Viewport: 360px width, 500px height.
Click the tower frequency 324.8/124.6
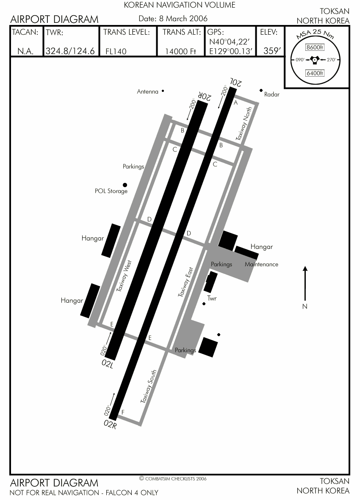[x=70, y=51]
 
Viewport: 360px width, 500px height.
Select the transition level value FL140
[x=116, y=51]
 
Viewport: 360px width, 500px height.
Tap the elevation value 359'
[x=272, y=51]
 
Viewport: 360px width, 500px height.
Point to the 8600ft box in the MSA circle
[x=315, y=47]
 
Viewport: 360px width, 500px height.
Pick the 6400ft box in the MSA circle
[x=315, y=73]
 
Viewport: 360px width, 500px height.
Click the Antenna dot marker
[x=163, y=91]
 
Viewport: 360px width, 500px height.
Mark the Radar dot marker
[x=261, y=91]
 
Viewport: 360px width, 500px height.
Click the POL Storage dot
[x=125, y=185]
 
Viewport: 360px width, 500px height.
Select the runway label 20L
[x=235, y=82]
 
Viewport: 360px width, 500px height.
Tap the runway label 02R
[x=110, y=424]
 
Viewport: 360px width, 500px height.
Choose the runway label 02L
[x=108, y=364]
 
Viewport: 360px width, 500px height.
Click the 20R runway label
[x=205, y=96]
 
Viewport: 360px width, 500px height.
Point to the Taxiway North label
[x=244, y=123]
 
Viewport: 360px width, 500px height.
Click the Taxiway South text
[x=149, y=386]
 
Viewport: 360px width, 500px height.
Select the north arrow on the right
[x=305, y=283]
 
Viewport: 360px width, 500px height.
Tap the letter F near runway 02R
[x=123, y=412]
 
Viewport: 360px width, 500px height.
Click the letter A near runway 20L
[x=236, y=103]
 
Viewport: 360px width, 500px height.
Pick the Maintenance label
[x=261, y=264]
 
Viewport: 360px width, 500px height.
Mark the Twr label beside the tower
[x=212, y=298]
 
